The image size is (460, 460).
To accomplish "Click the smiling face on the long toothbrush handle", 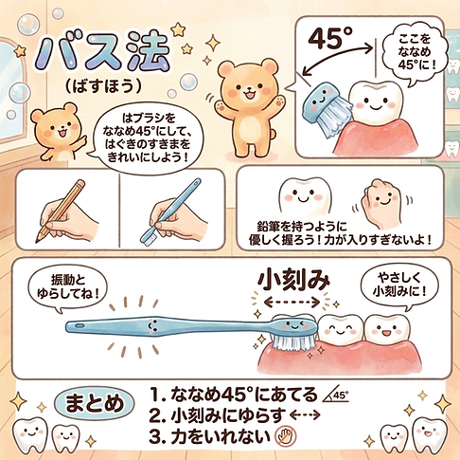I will click(150, 324).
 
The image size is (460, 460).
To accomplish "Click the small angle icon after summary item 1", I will click(333, 393).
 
